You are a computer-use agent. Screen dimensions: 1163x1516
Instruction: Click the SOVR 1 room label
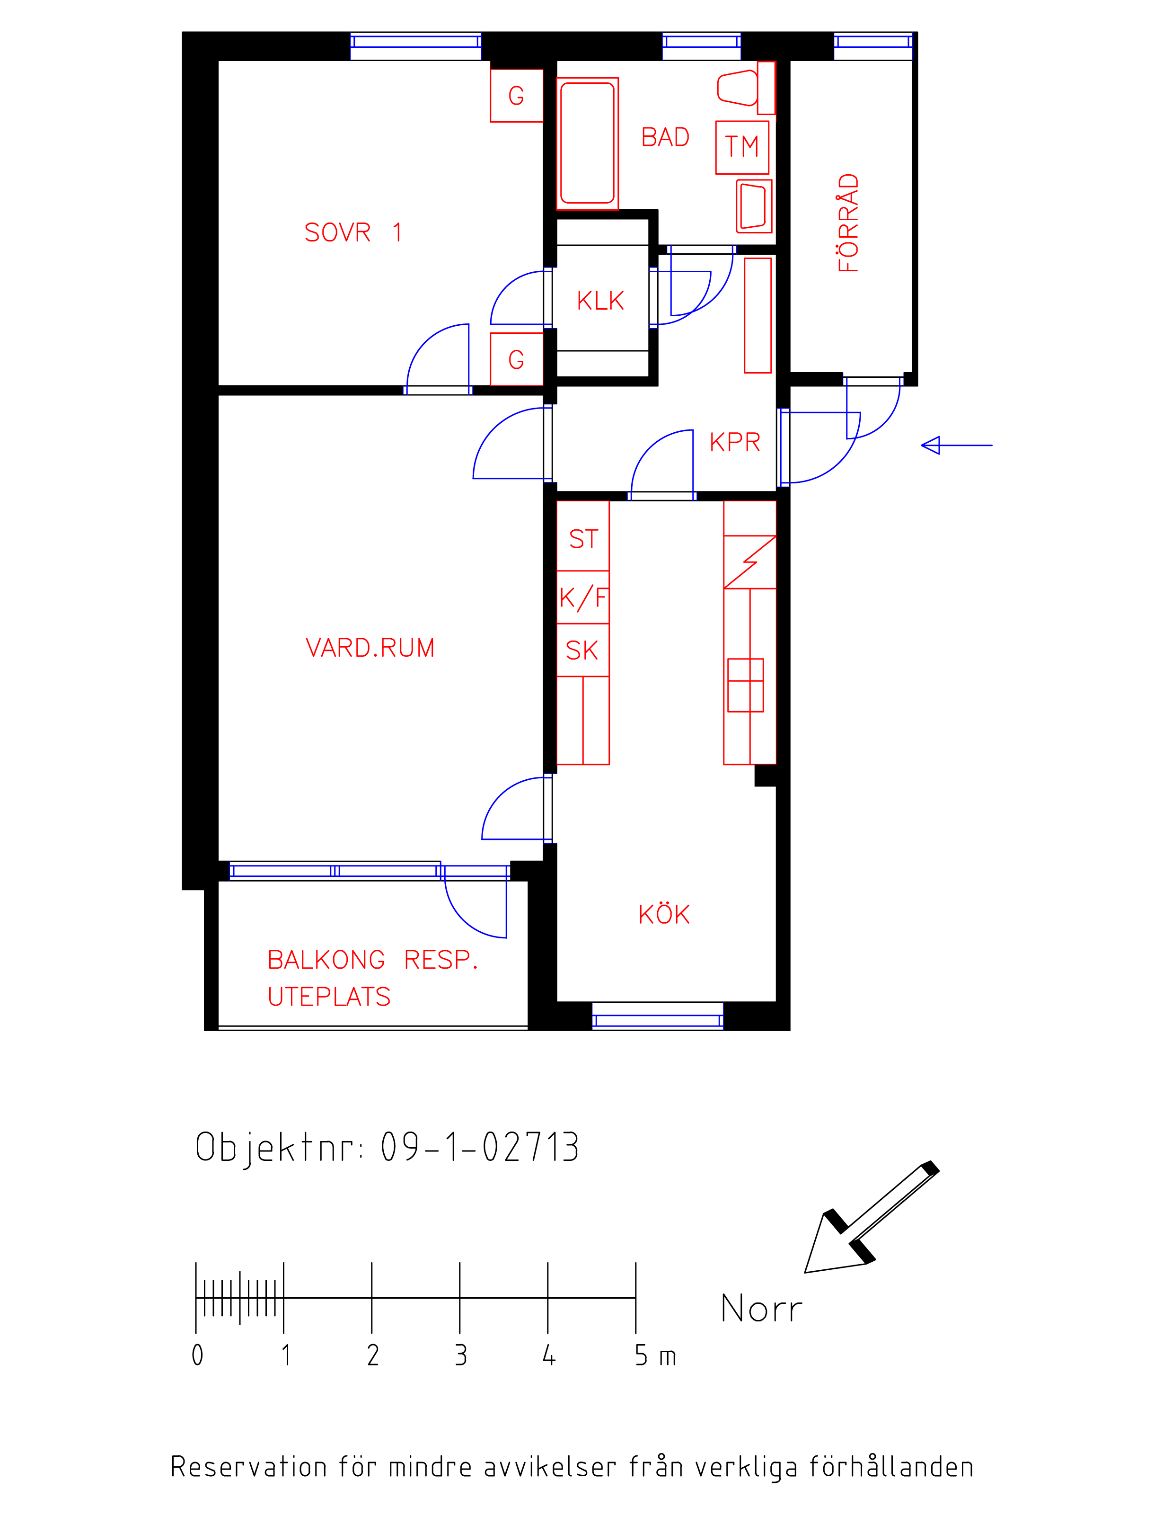[x=353, y=232]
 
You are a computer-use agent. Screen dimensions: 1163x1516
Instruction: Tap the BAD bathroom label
[x=665, y=137]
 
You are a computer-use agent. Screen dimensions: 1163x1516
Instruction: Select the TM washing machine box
[x=742, y=148]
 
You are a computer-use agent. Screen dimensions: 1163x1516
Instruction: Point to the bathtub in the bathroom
[x=587, y=143]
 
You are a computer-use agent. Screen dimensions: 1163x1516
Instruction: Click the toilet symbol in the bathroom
[x=746, y=88]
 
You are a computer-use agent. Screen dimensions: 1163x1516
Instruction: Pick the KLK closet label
[x=601, y=301]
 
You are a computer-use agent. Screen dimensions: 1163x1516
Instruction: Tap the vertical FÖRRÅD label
[x=848, y=223]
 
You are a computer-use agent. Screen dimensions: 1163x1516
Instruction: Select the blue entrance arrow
[x=957, y=446]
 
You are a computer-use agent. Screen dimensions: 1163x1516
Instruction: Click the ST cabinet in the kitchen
[x=583, y=536]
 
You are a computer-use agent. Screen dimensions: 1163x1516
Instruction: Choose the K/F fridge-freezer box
[x=583, y=597]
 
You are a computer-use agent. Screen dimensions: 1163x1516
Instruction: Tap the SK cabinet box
[x=583, y=650]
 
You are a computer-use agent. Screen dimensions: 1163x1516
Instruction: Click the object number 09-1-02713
[x=480, y=1147]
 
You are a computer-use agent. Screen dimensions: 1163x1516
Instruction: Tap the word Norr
[x=761, y=1308]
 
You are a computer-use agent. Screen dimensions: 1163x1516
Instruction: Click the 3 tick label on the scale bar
[x=461, y=1355]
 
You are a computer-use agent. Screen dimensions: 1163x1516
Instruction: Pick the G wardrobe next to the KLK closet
[x=516, y=359]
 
